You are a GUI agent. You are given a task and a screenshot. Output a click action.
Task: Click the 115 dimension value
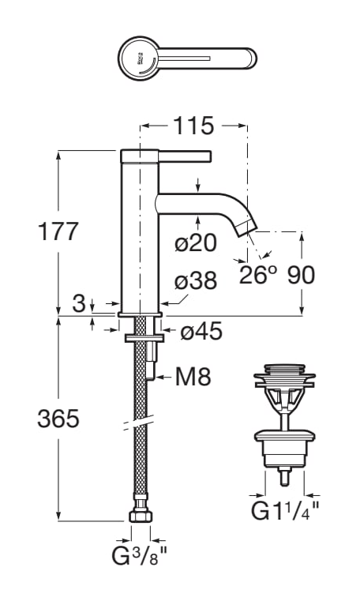193,125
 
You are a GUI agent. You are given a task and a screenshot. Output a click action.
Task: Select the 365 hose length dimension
58,419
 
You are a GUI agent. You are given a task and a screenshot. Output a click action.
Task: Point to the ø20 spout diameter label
196,244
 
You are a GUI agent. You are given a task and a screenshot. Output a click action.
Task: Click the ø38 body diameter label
196,281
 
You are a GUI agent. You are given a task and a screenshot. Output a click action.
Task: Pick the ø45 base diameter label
201,333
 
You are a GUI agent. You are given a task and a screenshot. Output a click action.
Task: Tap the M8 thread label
193,378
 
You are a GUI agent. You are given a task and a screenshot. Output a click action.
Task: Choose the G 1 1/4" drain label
284,510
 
